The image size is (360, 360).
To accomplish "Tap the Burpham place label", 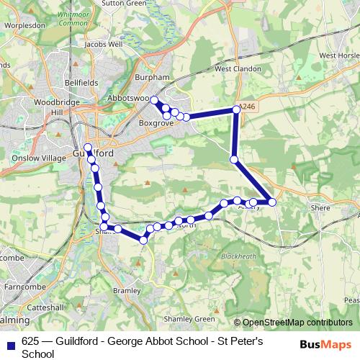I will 151,77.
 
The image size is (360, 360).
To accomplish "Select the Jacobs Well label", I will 104,44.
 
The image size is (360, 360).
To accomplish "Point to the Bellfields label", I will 81,83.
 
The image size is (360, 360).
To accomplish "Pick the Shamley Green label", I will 190,319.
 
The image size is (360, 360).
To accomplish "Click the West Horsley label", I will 338,55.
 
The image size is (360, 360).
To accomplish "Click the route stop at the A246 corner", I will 235,109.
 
